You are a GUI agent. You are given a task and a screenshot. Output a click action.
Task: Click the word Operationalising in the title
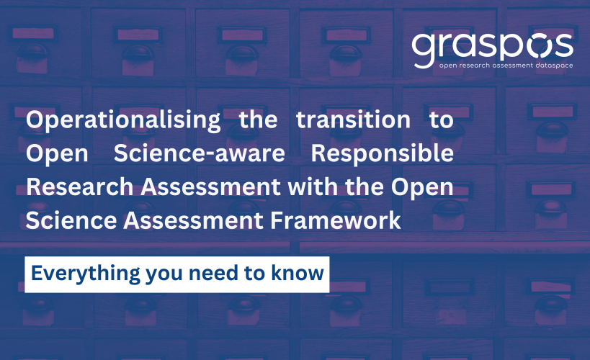123,120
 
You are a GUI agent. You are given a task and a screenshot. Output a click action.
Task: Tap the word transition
353,120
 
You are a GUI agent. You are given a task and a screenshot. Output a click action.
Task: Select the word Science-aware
200,153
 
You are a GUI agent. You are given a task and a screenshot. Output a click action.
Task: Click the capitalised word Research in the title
80,187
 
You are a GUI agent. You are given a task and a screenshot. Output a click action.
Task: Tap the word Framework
336,220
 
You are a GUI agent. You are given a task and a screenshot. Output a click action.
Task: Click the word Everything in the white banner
86,274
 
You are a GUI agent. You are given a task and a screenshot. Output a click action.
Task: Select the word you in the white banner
164,275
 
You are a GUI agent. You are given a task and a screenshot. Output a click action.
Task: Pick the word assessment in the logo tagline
512,66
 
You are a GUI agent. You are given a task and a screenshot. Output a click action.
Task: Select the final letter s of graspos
562,46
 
